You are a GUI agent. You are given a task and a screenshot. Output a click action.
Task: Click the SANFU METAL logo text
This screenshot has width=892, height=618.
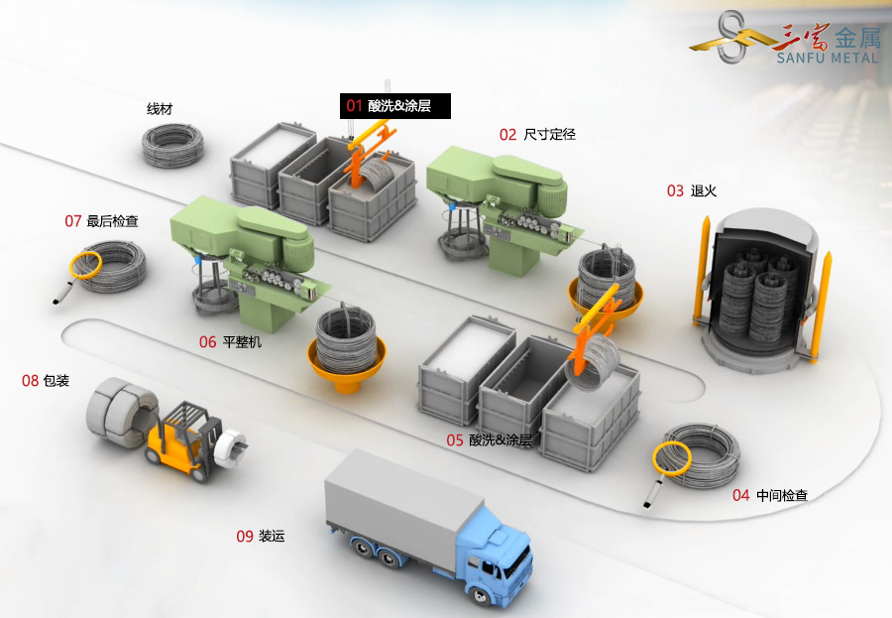tap(829, 58)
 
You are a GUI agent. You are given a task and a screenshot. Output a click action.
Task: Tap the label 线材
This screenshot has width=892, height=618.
tap(160, 109)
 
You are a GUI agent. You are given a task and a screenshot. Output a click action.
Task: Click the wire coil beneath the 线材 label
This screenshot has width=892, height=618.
tap(171, 145)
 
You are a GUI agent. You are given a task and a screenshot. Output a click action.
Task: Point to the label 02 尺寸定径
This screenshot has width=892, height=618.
tap(537, 134)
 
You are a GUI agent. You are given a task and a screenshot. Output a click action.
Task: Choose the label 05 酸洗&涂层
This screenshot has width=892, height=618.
tap(488, 439)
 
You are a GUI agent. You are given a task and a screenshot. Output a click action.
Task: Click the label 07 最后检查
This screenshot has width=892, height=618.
tap(101, 221)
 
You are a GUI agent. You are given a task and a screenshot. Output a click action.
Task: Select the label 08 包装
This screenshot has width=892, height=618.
tap(46, 380)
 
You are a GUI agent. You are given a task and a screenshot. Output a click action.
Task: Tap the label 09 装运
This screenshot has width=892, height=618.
tap(260, 536)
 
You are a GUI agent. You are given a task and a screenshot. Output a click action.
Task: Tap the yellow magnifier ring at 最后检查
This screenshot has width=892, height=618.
tap(85, 263)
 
